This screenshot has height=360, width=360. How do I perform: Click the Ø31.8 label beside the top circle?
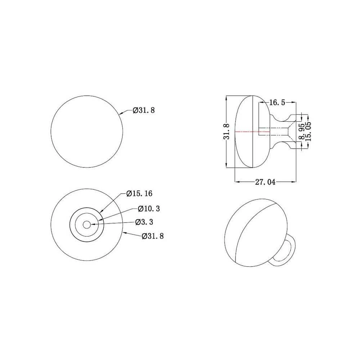pos(144,111)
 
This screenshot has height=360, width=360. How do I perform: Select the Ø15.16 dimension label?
pos(139,194)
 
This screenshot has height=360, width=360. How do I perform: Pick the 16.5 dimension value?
pos(276,103)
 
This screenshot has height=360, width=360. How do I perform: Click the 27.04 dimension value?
pos(265,182)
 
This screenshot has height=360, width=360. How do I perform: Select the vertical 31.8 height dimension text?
pos(226,131)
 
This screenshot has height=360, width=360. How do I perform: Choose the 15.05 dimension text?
pos(308,132)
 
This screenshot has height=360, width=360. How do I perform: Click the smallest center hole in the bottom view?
pos(86,224)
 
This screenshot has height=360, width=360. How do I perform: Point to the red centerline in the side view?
pos(248,132)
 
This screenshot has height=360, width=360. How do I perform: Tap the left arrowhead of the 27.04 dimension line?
pos(237,182)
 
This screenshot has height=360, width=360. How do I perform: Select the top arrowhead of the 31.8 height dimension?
pos(226,98)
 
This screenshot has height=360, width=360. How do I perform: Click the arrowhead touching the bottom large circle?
pos(125,233)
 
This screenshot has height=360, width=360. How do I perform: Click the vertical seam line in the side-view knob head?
pos(255,132)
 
